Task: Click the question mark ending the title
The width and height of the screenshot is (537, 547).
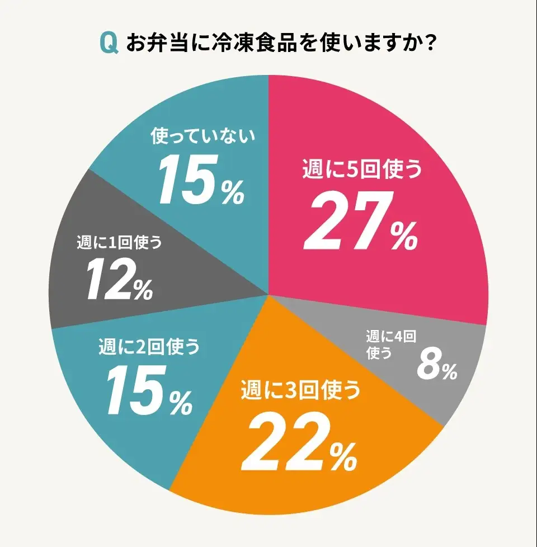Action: tap(430, 43)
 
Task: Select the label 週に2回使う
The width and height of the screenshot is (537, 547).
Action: tap(149, 347)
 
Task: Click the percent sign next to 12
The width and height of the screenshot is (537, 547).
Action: tap(143, 290)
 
